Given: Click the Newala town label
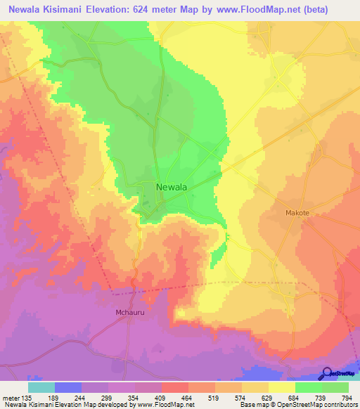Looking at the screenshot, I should tap(171, 187).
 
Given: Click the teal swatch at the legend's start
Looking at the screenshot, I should tap(41, 387).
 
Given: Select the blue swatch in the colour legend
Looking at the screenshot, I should tap(67, 387).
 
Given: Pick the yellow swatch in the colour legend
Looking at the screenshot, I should tap(281, 387).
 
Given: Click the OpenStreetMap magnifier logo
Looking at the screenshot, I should tap(327, 373).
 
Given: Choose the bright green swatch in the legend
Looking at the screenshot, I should tap(308, 387).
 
